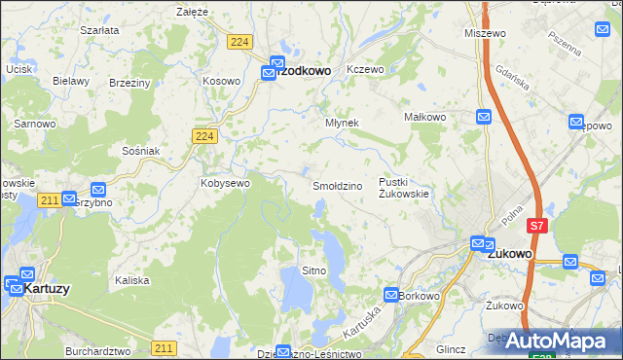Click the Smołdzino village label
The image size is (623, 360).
click(x=338, y=185)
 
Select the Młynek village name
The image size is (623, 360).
click(x=342, y=124)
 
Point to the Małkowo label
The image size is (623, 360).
click(x=424, y=117)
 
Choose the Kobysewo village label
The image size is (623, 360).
click(x=225, y=182)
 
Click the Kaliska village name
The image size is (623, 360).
click(x=131, y=280)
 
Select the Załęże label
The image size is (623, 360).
click(x=193, y=12)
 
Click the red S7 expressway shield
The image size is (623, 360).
click(x=536, y=226)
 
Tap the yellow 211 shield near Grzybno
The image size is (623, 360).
click(x=52, y=199)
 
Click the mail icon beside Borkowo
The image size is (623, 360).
click(x=390, y=294)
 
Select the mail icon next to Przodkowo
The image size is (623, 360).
click(x=269, y=71)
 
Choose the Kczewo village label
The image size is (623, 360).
click(x=366, y=69)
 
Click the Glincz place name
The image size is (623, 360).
click(x=453, y=348)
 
